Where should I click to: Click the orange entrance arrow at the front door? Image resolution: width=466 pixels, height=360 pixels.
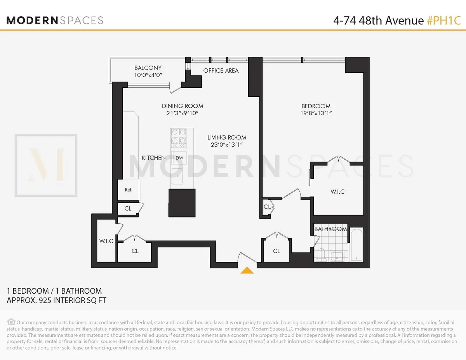[247, 270]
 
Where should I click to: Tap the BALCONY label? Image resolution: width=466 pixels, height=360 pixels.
[148, 68]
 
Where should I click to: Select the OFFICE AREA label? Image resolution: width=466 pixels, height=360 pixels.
[221, 70]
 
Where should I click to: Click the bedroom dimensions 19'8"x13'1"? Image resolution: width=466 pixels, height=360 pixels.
[316, 113]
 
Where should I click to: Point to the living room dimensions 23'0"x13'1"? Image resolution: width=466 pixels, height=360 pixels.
[227, 145]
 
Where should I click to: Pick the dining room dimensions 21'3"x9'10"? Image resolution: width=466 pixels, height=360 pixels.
[183, 113]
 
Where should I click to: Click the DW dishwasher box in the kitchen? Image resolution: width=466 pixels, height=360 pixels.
[179, 158]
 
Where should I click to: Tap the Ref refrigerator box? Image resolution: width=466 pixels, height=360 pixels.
[128, 190]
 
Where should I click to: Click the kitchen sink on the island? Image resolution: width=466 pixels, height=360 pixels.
[177, 177]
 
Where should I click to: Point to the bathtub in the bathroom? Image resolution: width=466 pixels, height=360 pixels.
[356, 245]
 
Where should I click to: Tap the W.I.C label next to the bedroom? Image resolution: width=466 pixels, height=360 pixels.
[337, 192]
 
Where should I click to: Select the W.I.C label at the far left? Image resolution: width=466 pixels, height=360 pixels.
[106, 241]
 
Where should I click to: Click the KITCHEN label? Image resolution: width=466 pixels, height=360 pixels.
[153, 158]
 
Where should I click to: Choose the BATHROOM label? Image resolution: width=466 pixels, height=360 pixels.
[330, 229]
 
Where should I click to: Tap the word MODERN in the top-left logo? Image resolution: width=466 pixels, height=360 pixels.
[31, 20]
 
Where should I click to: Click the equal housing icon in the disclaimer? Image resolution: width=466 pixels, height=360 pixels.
[11, 322]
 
